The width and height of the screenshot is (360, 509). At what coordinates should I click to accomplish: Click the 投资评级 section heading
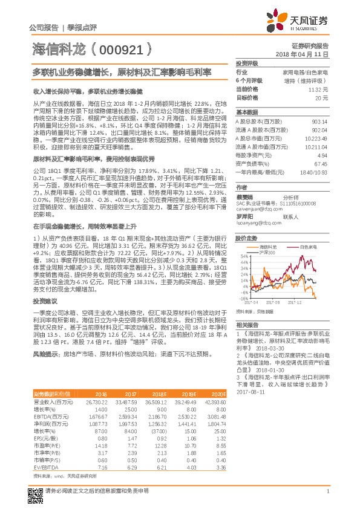pos(247,63)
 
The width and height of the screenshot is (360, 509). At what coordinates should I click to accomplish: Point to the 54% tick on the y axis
pos(244,256)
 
